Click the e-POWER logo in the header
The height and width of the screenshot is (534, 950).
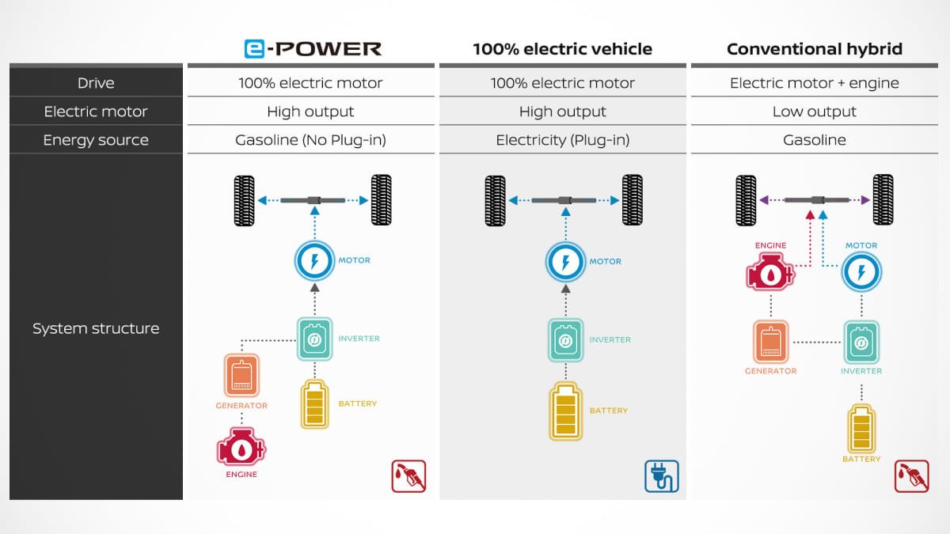coord(312,48)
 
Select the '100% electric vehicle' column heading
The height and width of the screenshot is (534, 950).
coord(562,49)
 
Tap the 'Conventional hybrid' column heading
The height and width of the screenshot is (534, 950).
coord(814,49)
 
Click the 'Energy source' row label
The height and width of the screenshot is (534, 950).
coord(96,140)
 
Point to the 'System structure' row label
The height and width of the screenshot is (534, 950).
coord(96,328)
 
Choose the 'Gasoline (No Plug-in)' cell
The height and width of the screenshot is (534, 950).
coord(310,140)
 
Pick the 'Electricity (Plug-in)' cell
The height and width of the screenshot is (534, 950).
coord(562,140)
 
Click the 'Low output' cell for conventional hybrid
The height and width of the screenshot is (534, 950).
coord(814,112)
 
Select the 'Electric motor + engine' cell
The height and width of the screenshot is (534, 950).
coord(814,83)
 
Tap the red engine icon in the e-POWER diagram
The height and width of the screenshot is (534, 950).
coord(241,449)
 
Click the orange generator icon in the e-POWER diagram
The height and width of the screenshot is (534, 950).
coord(241,375)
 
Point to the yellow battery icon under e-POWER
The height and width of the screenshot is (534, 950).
coord(314,404)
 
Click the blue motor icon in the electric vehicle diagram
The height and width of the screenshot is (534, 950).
coord(565,262)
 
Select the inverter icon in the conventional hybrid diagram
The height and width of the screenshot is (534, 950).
coord(861,342)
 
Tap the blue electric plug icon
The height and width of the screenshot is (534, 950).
coord(661,476)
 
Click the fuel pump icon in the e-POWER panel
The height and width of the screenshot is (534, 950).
coord(408,476)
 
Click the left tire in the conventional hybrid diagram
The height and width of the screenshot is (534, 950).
coord(746,200)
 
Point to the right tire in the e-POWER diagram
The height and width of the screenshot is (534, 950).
coord(381,200)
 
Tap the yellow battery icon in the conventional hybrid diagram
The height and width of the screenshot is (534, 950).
coord(861,427)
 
